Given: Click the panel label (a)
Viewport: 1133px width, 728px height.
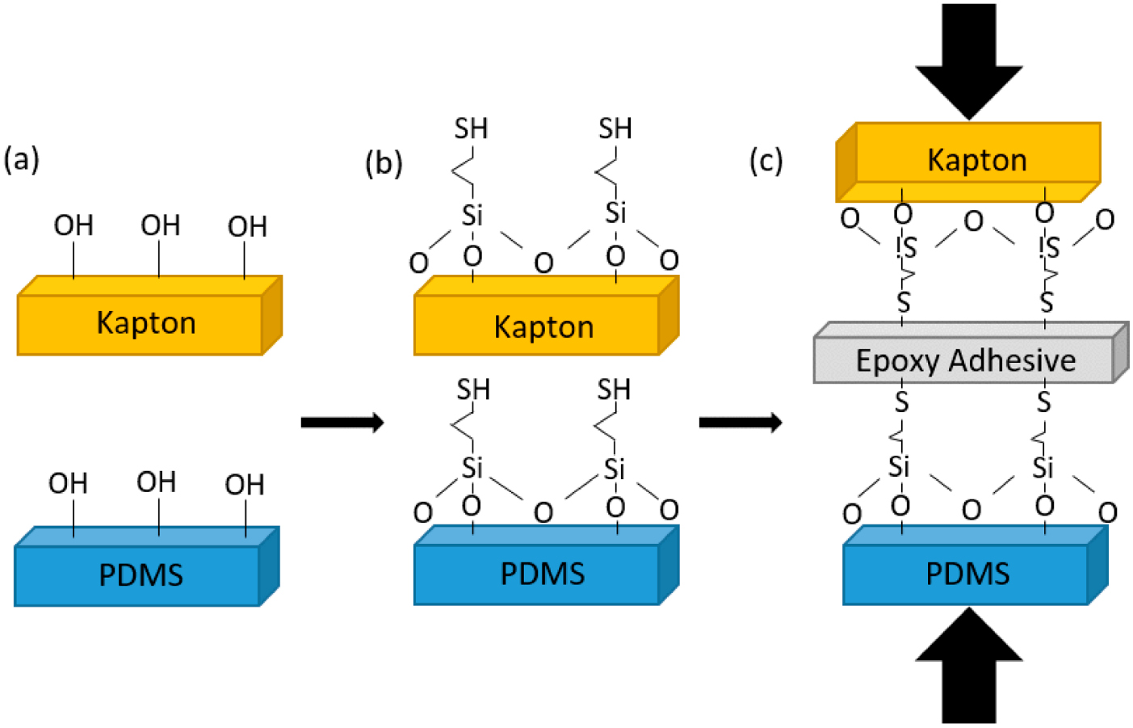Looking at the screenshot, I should point(22,159).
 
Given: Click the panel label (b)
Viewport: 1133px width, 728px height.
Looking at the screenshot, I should point(384,162).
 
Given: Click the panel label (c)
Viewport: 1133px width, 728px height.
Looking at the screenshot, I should point(766,160).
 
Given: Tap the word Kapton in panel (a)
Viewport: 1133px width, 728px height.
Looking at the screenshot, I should point(146,323).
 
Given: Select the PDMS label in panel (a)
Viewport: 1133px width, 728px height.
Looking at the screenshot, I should point(141,575).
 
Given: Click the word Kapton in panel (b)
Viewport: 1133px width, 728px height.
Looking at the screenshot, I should point(543,327).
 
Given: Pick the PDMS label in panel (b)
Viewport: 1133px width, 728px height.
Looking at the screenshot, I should point(543,574).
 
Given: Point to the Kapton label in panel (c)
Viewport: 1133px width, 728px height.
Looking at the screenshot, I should point(976,160).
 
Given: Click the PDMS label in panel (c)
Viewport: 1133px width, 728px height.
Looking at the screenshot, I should point(967,574).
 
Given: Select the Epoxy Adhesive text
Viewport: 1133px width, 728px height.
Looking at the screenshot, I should point(966,360).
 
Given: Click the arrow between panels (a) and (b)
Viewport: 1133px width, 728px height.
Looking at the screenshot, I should point(342,423).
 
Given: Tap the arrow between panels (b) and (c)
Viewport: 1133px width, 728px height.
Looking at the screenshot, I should point(740,423).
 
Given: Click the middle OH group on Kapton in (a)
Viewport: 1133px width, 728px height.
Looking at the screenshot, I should point(160,225).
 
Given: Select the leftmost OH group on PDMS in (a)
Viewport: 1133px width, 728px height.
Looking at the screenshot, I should point(68,483).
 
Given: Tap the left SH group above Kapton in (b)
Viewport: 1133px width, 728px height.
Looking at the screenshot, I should point(471,128).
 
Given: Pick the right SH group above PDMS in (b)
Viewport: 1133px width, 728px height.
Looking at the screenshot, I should point(614,390).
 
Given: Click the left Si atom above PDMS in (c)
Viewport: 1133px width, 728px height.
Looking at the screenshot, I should point(899,467).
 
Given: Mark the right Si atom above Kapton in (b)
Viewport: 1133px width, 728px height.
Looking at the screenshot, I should point(615,213).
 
